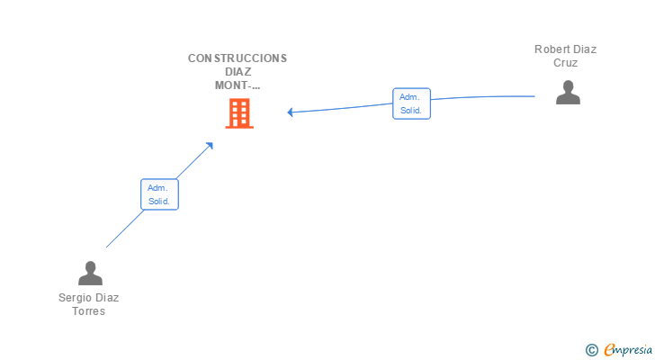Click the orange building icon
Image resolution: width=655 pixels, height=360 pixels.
[239, 113]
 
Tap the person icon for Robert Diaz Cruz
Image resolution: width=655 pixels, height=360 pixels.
[568, 93]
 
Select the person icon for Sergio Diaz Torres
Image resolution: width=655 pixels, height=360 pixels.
[90, 273]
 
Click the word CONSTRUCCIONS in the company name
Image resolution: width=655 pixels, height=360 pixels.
[238, 58]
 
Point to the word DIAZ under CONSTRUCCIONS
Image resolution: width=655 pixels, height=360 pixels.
[238, 72]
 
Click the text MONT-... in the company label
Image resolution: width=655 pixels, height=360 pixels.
[238, 85]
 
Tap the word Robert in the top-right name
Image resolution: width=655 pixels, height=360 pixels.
[551, 49]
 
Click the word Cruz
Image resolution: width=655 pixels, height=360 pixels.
[566, 63]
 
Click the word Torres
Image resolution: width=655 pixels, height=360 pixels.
[88, 311]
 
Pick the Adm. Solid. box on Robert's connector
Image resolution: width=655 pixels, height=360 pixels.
[411, 103]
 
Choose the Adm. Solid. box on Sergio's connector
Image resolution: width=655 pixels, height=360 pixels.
[159, 194]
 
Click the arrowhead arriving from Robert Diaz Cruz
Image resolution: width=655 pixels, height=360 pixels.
[290, 112]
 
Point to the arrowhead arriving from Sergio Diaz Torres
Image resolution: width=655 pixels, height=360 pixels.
[210, 146]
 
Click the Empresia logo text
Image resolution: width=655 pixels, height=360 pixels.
[628, 350]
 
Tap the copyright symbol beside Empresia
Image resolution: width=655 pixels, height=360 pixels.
[591, 350]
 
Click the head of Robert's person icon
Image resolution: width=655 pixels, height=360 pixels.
[568, 86]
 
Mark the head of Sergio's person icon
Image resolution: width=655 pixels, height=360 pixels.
[90, 267]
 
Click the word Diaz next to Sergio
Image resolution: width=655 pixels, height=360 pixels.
[108, 298]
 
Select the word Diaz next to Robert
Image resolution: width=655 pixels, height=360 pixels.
[584, 49]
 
